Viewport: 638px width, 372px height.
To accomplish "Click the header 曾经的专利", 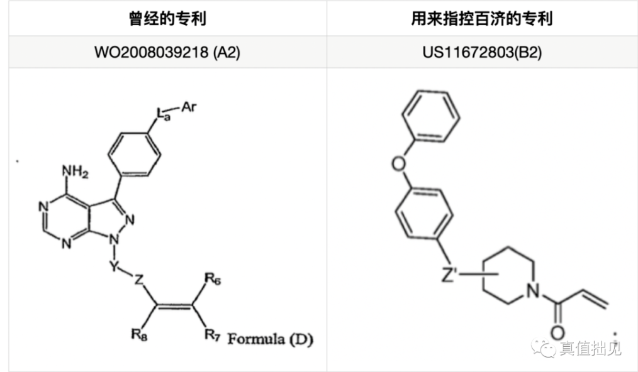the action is (167, 18).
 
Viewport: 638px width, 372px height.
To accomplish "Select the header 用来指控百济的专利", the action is (482, 18).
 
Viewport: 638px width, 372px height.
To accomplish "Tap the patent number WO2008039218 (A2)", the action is (167, 52).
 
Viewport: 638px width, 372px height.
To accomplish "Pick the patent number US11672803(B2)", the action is (482, 52).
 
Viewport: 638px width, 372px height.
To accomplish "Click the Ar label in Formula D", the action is (189, 107).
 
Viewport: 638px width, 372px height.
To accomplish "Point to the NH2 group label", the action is (74, 170).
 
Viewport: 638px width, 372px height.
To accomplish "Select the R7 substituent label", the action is (212, 334).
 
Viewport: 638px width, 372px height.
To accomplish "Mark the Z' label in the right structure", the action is (453, 275).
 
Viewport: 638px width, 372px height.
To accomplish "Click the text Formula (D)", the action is (271, 340).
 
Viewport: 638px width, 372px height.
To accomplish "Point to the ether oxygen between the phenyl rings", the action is (398, 165).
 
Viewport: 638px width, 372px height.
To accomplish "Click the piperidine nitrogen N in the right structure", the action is (534, 290).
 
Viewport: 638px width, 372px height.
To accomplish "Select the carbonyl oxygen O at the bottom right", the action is (557, 333).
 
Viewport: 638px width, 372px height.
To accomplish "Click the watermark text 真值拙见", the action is (590, 348).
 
